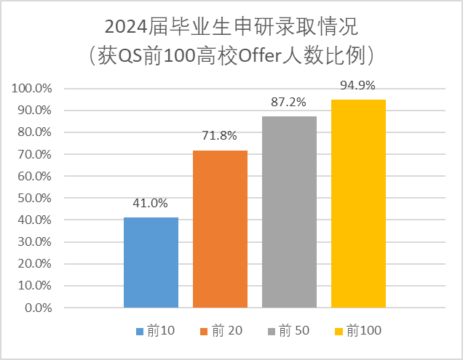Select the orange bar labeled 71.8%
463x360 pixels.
pyautogui.click(x=220, y=228)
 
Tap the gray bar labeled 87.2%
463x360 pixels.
pyautogui.click(x=289, y=212)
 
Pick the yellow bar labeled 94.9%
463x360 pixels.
pyautogui.click(x=358, y=204)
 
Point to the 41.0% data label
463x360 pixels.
pyautogui.click(x=151, y=204)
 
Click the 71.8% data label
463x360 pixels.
pyautogui.click(x=220, y=136)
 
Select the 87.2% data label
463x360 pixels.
pyautogui.click(x=289, y=103)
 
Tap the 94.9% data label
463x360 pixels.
pyautogui.click(x=358, y=86)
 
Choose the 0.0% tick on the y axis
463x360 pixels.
pyautogui.click(x=38, y=308)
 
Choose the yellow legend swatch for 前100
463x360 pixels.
pyautogui.click(x=339, y=332)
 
